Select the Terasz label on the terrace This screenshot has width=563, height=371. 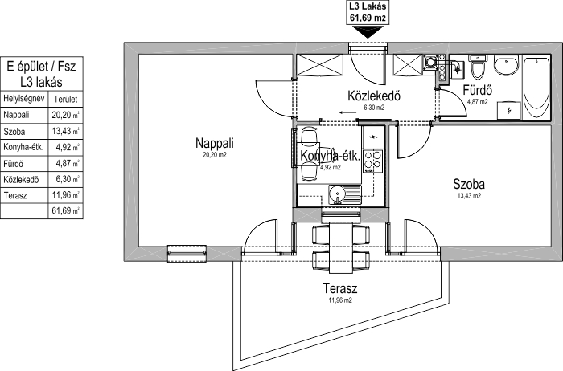[339, 288]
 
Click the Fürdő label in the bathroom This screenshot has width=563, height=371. [476, 90]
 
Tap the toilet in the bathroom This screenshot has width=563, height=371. [478, 65]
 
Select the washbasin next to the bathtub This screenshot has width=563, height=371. [507, 67]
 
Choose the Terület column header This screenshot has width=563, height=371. [65, 100]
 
